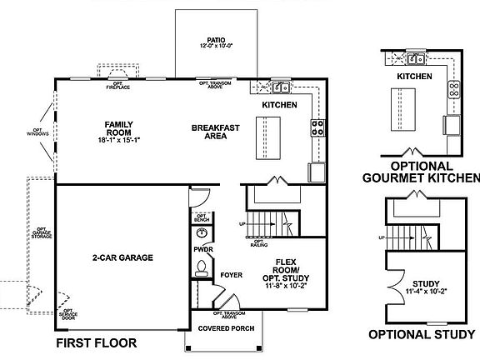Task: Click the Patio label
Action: click(x=216, y=38)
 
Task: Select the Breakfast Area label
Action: click(x=216, y=131)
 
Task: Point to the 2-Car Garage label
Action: click(x=122, y=257)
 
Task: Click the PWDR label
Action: click(x=202, y=249)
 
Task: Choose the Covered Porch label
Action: click(x=226, y=328)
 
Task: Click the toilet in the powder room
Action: click(x=201, y=267)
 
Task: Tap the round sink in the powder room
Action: click(x=202, y=233)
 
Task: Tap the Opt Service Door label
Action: click(x=67, y=314)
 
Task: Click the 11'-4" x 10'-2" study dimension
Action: click(x=426, y=292)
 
